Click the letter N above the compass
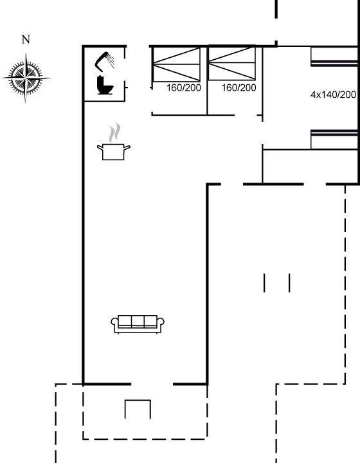pos(26,39)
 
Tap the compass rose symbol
pos(26,78)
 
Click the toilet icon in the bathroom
pos(105,86)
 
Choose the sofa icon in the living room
pos(138,324)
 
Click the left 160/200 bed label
pos(184,87)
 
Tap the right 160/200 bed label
pos(239,87)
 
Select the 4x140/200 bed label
pos(333,95)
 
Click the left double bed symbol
pos(176,64)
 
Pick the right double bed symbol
pos(231,63)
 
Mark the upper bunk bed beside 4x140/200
pos(334,57)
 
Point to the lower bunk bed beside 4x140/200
pos(334,140)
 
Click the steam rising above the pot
pos(114,133)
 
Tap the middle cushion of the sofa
pos(138,321)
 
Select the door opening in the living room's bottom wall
pos(152,384)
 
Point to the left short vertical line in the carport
pos(264,283)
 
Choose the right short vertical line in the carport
pos(289,283)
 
